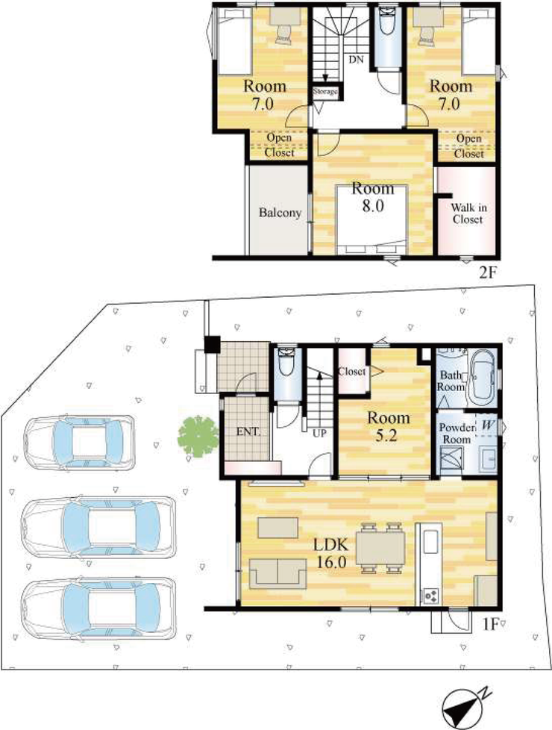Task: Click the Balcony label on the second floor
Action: pos(280,213)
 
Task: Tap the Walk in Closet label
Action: pos(468,213)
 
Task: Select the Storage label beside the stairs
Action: pos(325,91)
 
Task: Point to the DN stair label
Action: pos(356,60)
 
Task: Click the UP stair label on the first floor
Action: pos(319,434)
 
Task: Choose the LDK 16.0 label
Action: pos(331,553)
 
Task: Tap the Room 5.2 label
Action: pos(388,426)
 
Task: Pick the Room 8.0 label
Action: pos(373,196)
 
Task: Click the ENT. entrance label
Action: pos(248,431)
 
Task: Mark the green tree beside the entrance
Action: pos(198,436)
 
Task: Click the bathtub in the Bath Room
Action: pos(481,378)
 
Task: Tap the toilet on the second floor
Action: pos(386,21)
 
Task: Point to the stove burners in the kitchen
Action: pos(430,595)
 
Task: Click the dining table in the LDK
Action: pos(380,548)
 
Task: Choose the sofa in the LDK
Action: pos(277,573)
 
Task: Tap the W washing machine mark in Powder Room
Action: pos(489,425)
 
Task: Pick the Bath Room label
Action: pos(451,381)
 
